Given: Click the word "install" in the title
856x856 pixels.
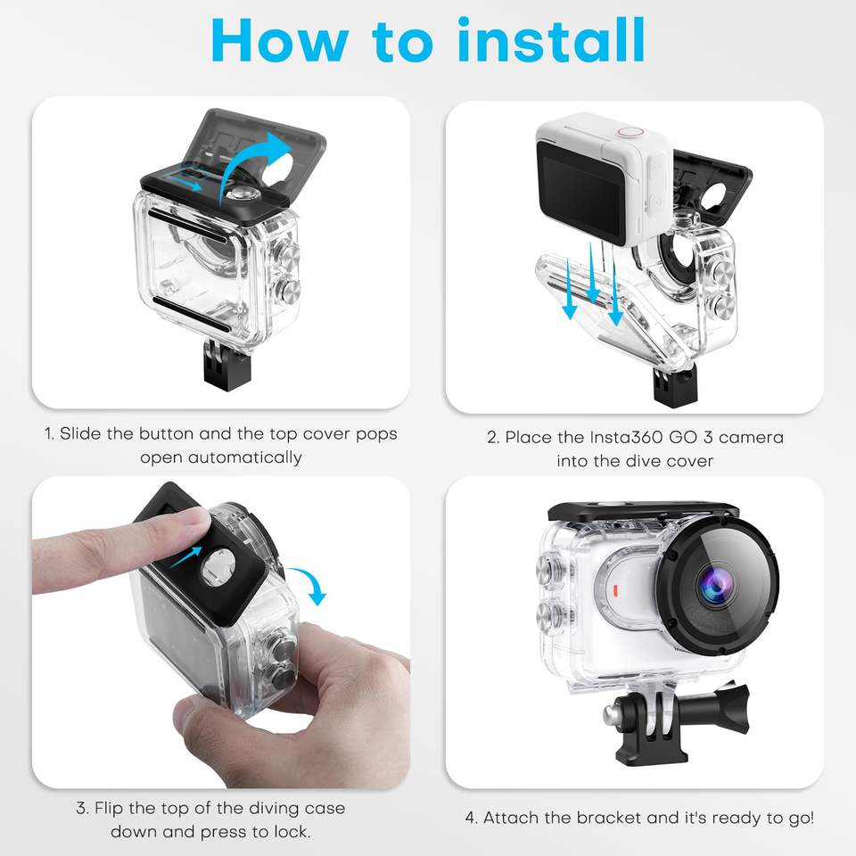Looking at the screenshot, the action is tap(551, 40).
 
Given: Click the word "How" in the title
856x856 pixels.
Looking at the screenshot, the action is tap(279, 41).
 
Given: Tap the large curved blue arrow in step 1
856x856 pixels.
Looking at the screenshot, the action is tap(254, 164).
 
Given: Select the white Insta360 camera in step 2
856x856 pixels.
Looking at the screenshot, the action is tap(605, 180).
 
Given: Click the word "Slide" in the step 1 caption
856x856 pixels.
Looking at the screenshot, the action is tap(81, 433).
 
